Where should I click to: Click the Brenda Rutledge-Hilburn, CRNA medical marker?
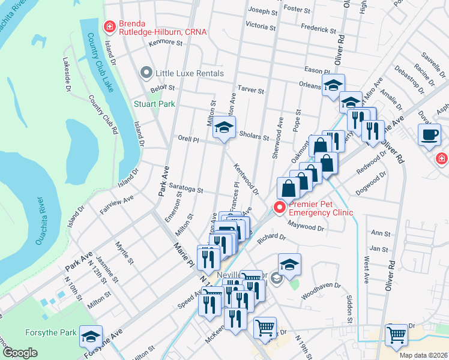[109, 26]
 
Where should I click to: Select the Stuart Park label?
[154, 104]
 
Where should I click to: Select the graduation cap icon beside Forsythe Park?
[91, 337]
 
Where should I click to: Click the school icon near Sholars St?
[224, 129]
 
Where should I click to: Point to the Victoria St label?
[261, 26]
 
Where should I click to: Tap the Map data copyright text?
[423, 355]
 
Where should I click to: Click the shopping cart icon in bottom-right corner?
[397, 336]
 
